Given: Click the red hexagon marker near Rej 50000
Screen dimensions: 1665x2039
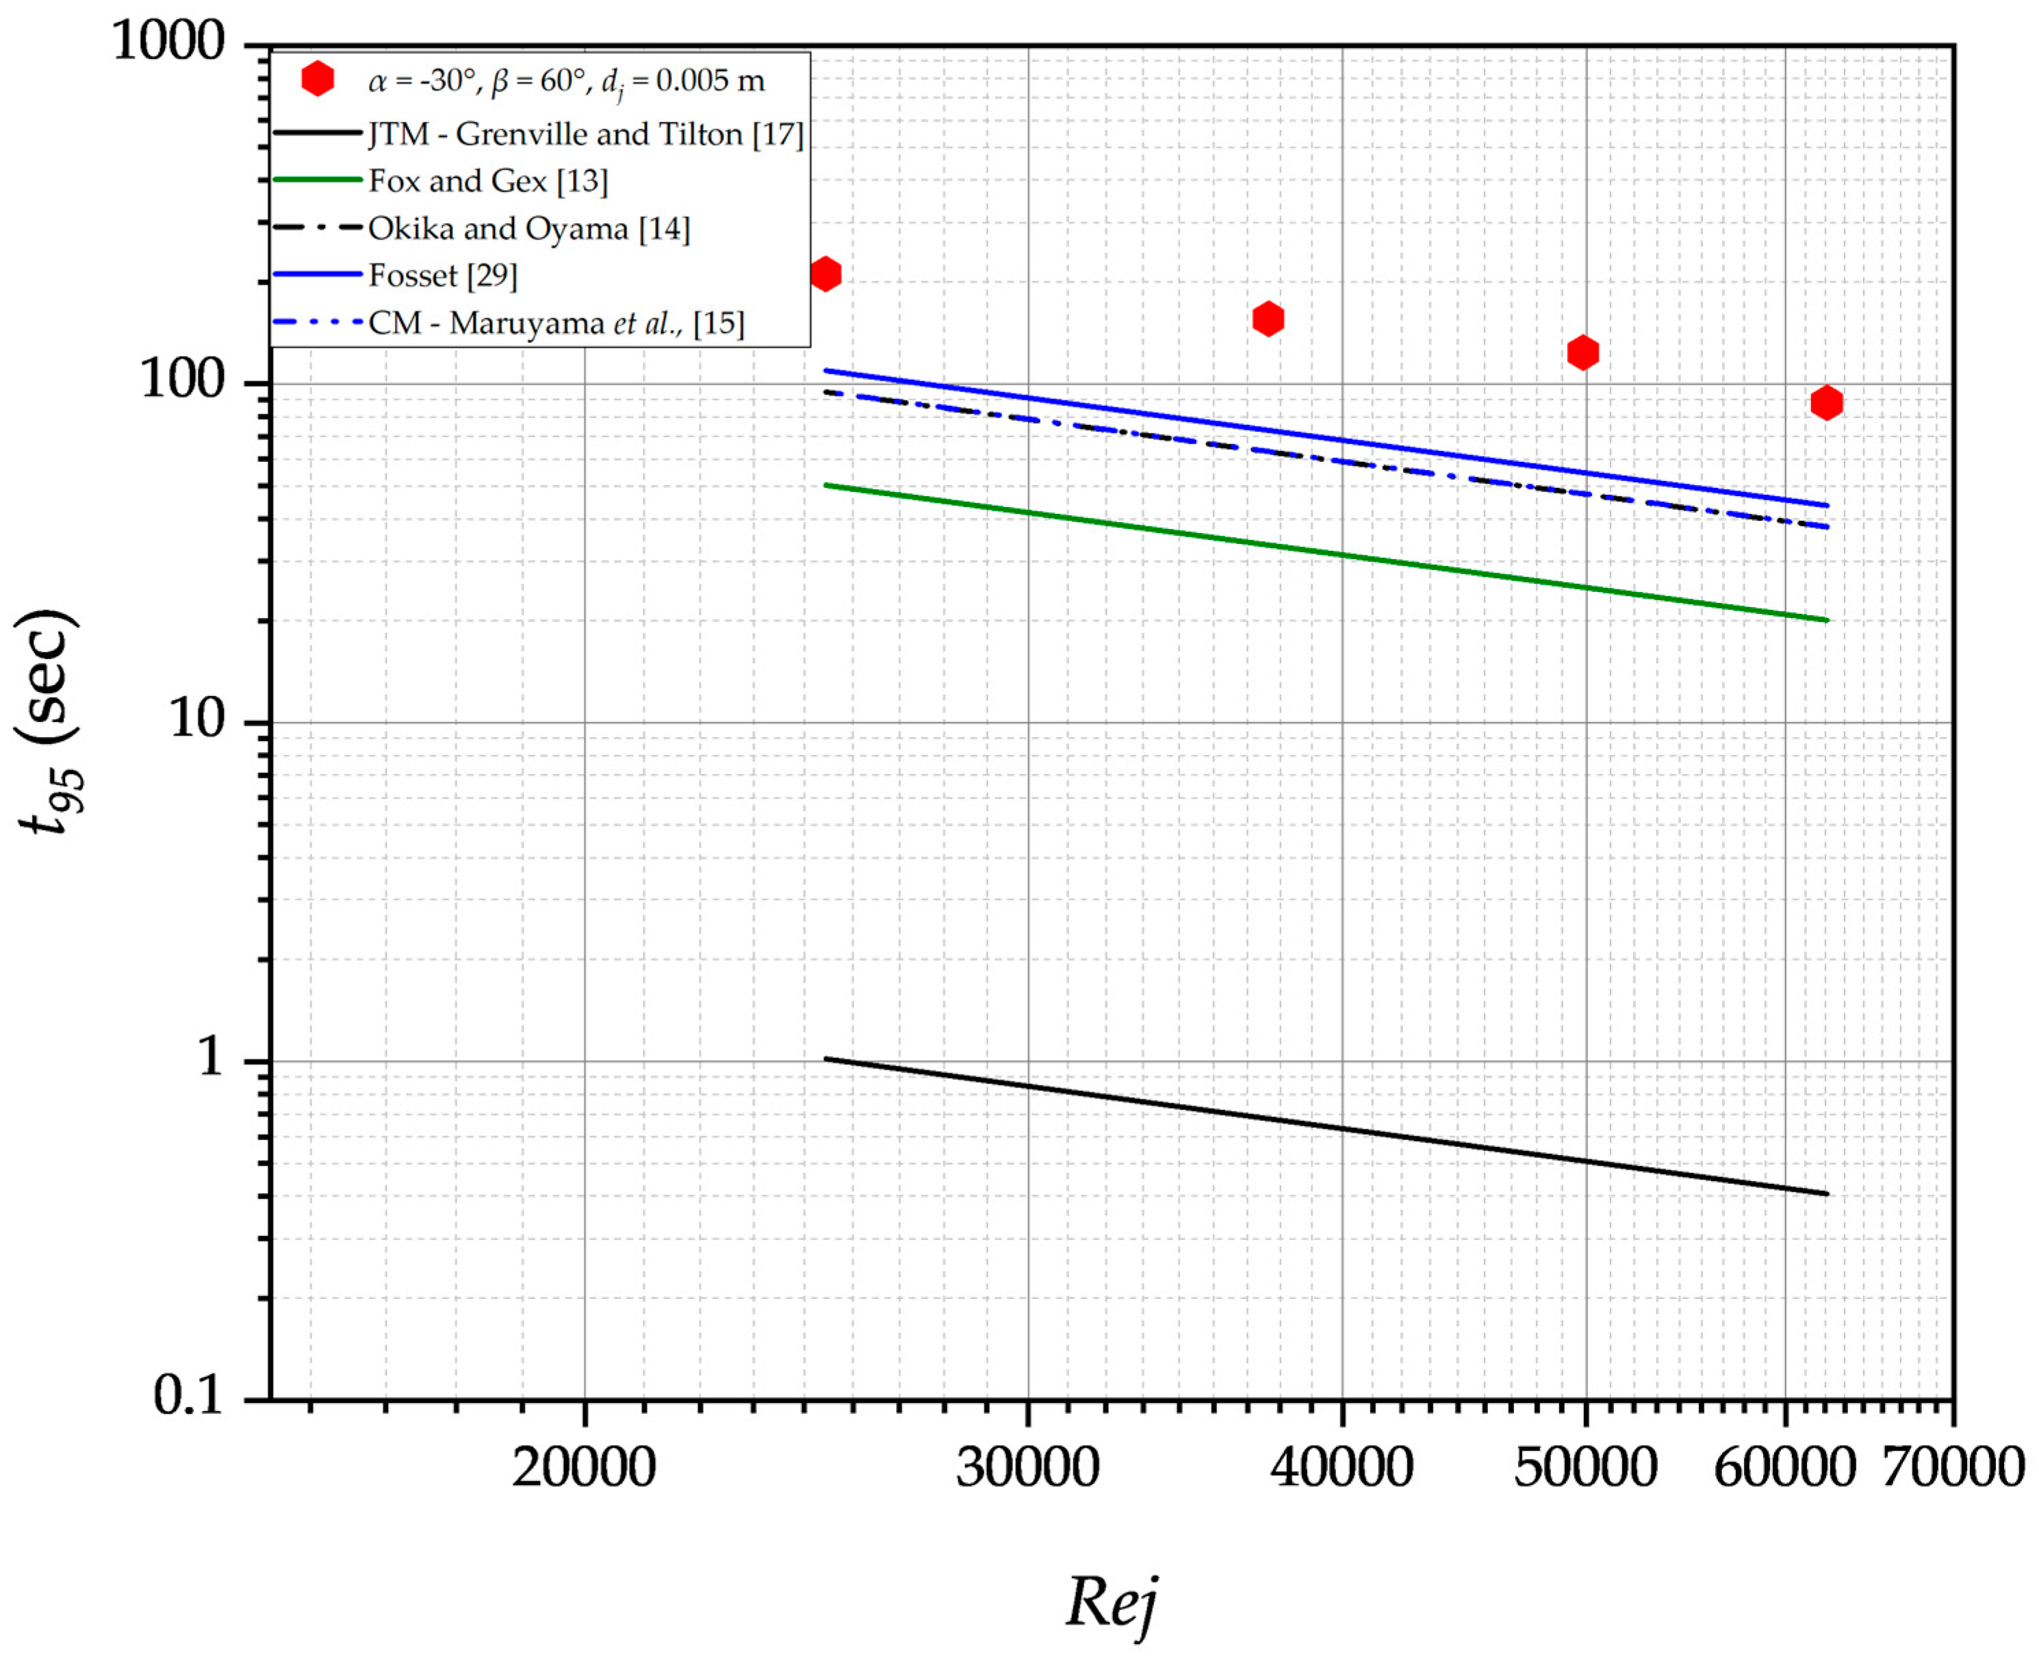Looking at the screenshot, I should pos(1582,352).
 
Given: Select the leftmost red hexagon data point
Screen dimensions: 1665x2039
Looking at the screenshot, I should pos(825,274).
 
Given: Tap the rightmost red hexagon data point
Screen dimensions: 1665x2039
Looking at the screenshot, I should pos(1826,403).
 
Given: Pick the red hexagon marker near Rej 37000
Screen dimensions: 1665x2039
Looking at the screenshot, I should pos(1268,318).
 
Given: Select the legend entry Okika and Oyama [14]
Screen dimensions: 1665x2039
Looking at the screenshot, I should pos(528,229).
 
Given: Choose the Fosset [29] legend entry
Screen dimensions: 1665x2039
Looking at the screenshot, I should pos(442,275).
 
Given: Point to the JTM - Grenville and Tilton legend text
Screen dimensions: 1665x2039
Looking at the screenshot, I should pos(585,133).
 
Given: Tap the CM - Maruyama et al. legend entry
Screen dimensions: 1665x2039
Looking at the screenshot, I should pos(556,323).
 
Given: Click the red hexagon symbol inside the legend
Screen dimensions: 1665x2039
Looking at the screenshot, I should pos(318,79).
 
